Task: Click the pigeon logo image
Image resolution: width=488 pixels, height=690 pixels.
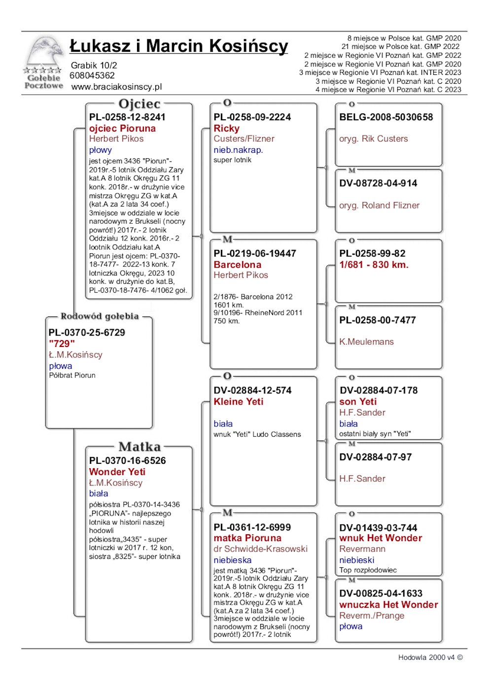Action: coord(43,62)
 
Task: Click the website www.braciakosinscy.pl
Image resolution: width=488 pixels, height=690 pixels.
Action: coord(116,87)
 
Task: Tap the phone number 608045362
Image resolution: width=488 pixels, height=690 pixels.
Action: coord(92,75)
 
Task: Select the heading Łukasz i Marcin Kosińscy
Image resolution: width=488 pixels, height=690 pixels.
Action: coord(178,46)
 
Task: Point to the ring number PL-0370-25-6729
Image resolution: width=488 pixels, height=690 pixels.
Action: coord(87,333)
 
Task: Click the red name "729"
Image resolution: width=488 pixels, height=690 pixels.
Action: coord(62,344)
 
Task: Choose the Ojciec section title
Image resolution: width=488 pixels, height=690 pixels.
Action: coord(139,104)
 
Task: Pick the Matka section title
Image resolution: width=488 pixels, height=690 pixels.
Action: coord(139,447)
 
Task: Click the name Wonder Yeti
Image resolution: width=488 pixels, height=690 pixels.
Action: coord(117,472)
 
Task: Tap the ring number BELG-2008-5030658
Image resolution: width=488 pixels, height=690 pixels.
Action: coord(386,117)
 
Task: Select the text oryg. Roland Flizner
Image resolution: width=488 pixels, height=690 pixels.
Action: coord(379,206)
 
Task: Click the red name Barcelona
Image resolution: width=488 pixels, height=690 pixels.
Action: coord(238,265)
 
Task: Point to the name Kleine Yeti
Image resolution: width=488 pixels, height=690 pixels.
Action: coord(239,402)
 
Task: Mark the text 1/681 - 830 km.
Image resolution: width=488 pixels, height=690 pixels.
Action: coord(374,265)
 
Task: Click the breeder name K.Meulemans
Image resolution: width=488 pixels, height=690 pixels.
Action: coord(366,342)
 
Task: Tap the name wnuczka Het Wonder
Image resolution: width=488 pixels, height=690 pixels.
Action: coord(388,605)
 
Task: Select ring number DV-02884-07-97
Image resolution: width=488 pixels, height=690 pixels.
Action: coord(376,457)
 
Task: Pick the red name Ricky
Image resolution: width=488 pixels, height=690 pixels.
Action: coord(226,128)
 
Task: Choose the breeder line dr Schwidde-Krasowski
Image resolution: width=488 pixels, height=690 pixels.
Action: coord(260,549)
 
